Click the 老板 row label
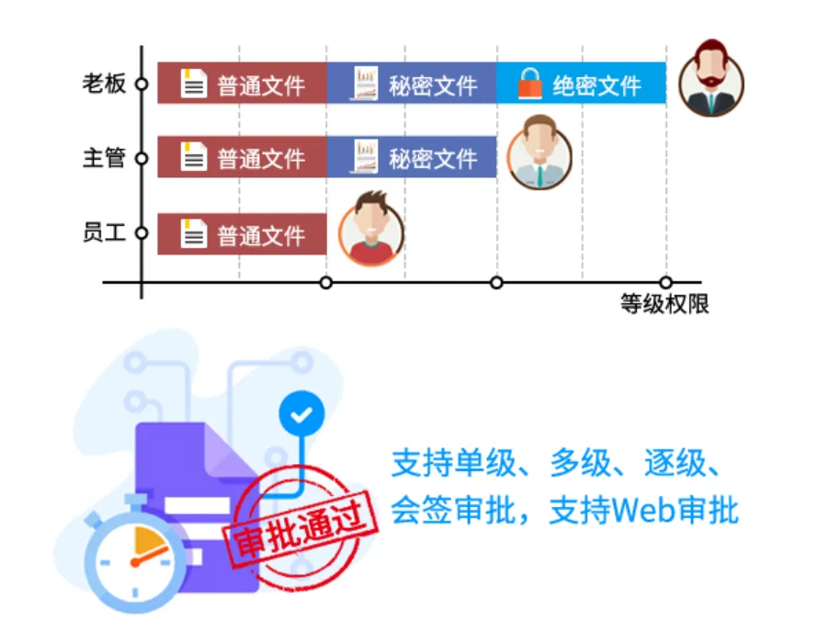104,84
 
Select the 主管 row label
104,157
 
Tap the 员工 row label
104,232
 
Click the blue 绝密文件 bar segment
581,84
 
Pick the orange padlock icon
530,84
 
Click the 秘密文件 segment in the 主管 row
412,157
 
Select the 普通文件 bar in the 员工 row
242,233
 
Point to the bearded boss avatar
711,78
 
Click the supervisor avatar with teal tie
540,152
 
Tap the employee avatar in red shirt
371,229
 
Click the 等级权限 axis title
665,303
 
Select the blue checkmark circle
301,413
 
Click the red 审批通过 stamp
300,529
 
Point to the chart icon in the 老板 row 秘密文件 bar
365,83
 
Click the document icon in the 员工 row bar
194,233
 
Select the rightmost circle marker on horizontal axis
665,283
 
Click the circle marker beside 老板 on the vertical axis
142,84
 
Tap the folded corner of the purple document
228,449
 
